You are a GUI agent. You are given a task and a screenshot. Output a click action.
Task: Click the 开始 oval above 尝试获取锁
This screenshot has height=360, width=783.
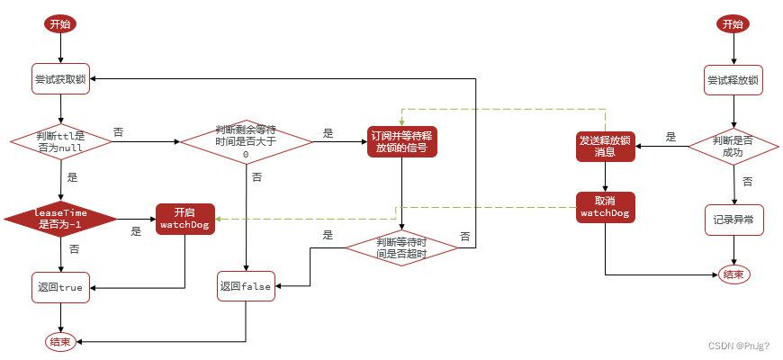tap(60, 24)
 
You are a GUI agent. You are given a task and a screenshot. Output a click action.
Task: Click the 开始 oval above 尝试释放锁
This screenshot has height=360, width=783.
tap(733, 24)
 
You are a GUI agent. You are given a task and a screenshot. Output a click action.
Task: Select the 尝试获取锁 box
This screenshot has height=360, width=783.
tap(60, 79)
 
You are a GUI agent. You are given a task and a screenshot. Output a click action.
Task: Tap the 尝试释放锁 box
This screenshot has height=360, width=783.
tap(733, 80)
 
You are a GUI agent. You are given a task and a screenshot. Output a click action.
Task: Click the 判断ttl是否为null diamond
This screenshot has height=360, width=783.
tap(60, 141)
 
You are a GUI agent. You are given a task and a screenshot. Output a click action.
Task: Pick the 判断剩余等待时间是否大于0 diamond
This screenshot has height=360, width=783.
tap(246, 141)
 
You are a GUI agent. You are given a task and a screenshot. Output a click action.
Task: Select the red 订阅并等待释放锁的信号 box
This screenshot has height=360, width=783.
tap(401, 141)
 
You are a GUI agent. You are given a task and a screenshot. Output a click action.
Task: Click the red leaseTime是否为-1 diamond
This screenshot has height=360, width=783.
tap(60, 218)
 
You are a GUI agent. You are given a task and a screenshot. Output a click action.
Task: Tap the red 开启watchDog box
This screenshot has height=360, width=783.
tap(184, 219)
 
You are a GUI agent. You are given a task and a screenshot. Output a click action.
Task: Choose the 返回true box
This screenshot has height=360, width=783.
tap(60, 287)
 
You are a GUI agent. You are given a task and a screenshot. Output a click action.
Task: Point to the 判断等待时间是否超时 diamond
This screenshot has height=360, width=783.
tap(401, 247)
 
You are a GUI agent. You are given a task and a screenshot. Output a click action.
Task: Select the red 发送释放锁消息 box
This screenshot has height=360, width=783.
tap(605, 146)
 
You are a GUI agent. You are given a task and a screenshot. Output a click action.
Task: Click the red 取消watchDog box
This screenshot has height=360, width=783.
tap(605, 207)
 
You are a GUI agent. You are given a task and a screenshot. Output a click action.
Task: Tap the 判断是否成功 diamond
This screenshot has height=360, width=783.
tap(733, 146)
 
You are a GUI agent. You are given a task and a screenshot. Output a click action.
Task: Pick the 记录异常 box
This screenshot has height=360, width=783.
tap(733, 220)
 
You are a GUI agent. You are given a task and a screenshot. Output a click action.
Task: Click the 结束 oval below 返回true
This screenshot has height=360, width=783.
tap(60, 341)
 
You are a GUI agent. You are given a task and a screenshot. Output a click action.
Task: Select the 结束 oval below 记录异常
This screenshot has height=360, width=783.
tap(733, 274)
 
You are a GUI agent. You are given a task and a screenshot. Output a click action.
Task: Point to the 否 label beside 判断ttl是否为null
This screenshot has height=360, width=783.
tap(119, 132)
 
